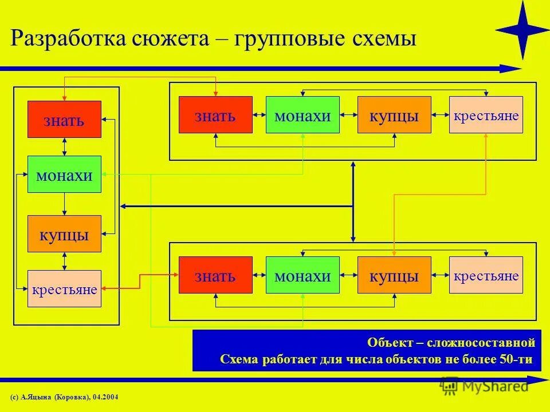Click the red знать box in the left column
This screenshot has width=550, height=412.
(x=64, y=119)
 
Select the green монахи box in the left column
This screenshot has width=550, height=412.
(x=64, y=175)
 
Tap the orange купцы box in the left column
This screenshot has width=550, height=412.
(x=64, y=233)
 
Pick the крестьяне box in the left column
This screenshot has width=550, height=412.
(x=64, y=289)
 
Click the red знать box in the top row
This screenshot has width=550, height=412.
(x=215, y=115)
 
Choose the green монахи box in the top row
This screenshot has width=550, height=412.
(x=302, y=115)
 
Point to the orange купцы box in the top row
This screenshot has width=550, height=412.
(x=394, y=115)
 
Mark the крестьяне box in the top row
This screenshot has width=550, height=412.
(x=486, y=115)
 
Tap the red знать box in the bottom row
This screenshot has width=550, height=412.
(x=215, y=275)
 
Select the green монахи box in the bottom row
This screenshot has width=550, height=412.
(x=302, y=275)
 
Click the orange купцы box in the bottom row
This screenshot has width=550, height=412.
(x=394, y=275)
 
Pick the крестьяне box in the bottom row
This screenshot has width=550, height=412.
(x=486, y=275)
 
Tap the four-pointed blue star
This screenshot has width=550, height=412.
(x=522, y=30)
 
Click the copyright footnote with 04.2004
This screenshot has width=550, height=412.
(x=64, y=397)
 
